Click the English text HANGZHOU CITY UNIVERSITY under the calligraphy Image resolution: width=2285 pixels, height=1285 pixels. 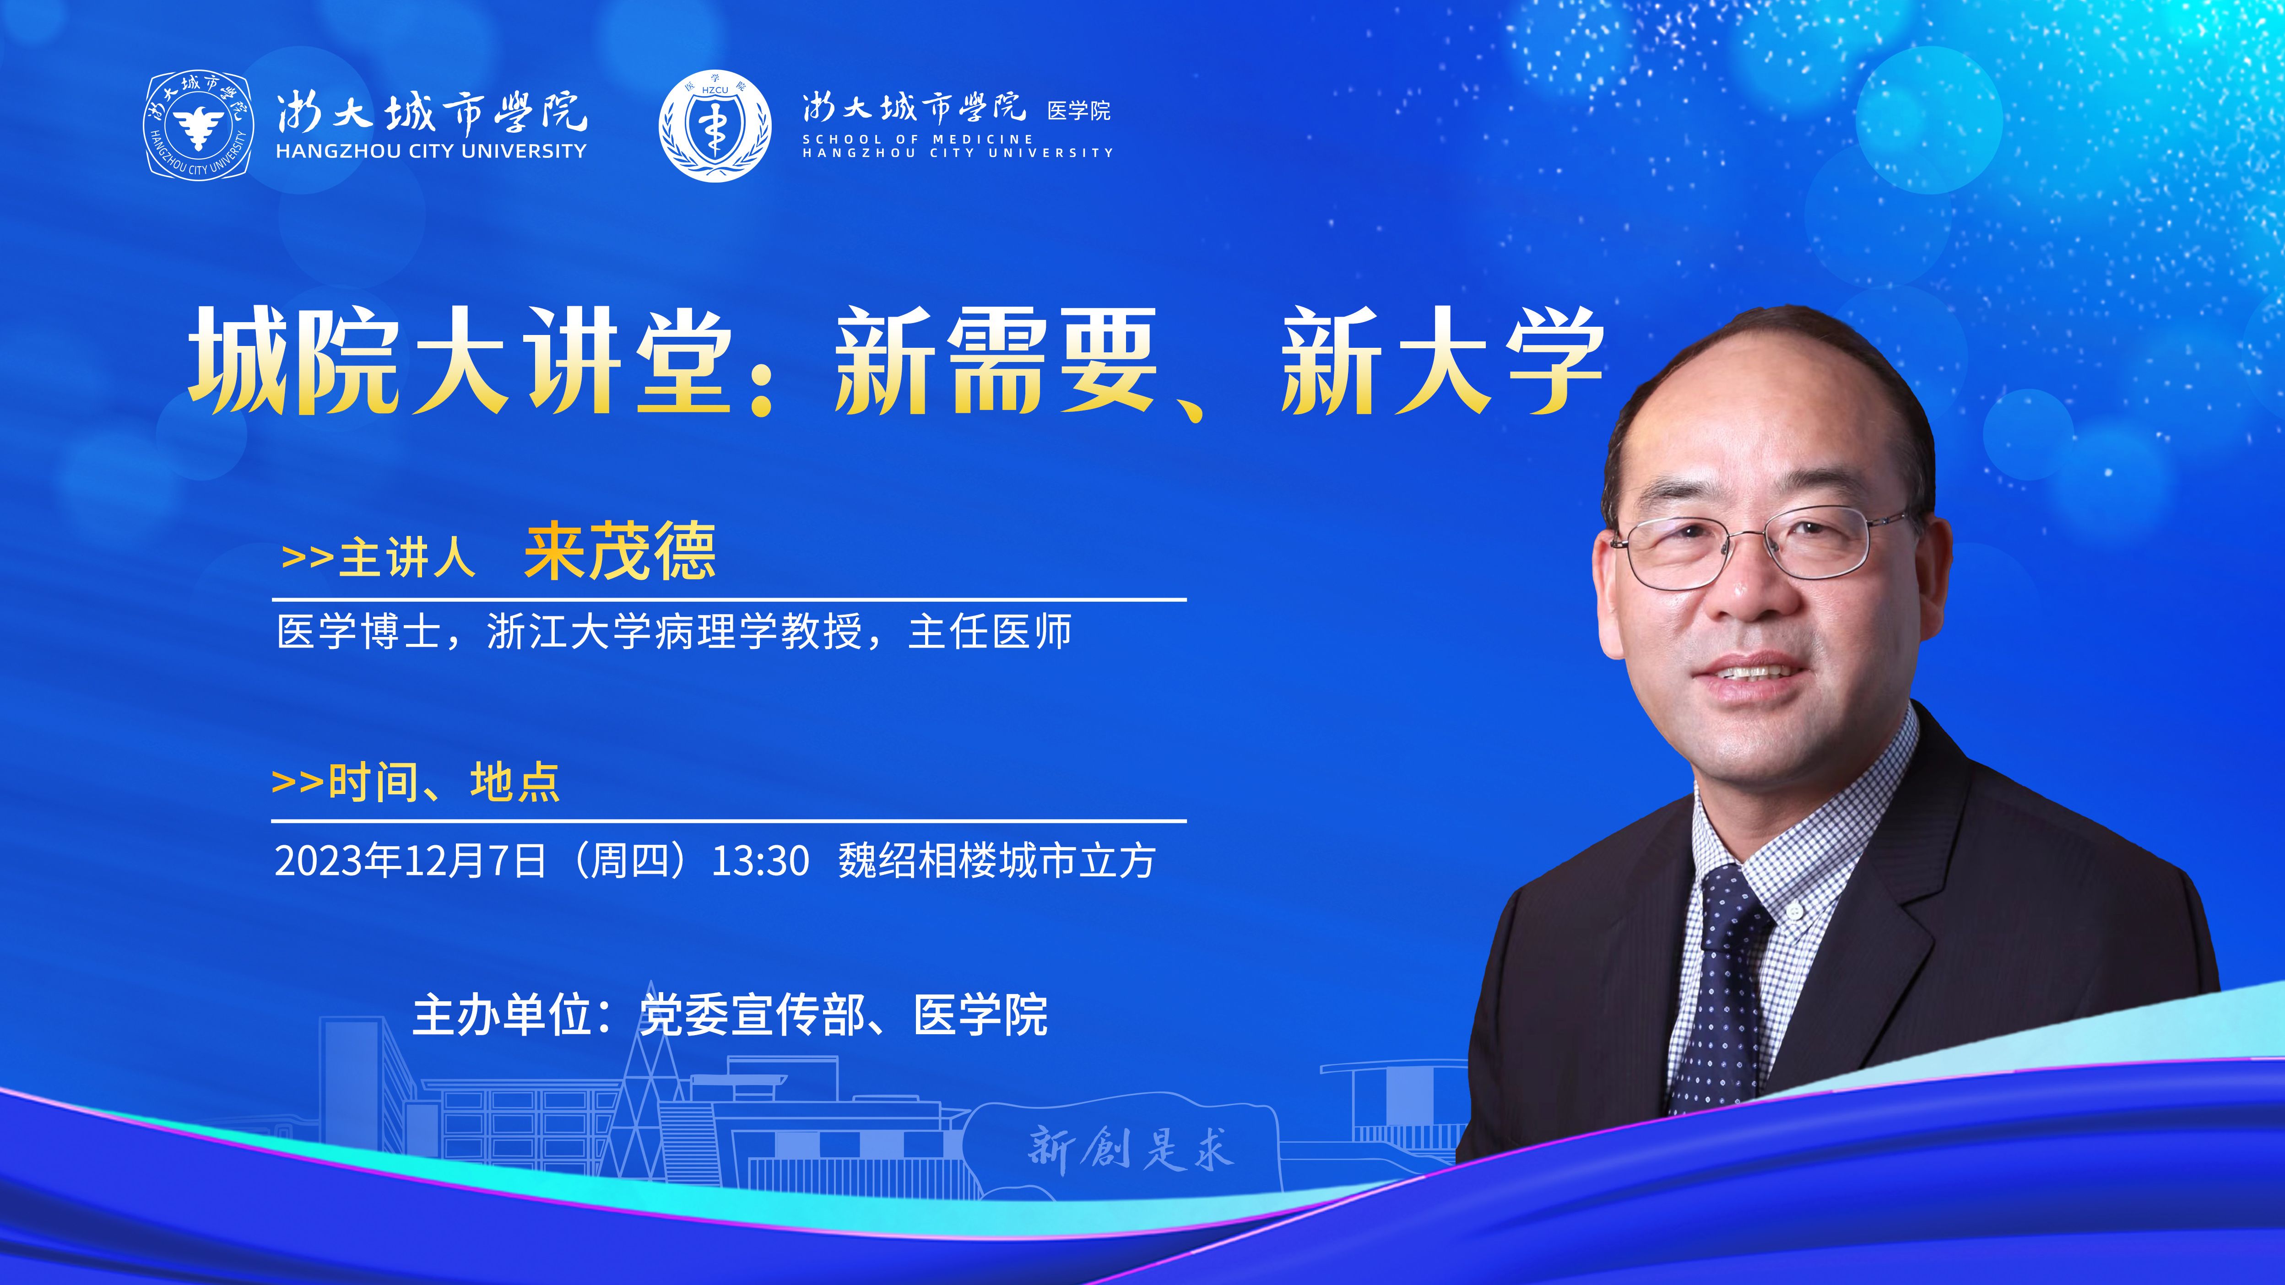(431, 151)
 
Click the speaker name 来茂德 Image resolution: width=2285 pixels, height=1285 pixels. (620, 551)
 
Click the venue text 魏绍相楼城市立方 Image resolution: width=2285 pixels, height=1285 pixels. (997, 860)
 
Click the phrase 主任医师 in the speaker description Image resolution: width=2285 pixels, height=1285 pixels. (990, 632)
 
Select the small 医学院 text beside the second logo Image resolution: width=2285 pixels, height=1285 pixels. (1078, 111)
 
